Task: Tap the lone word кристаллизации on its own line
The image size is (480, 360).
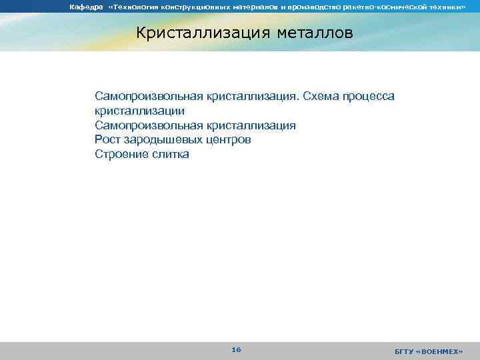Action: [139, 111]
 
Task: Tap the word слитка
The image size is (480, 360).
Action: [170, 154]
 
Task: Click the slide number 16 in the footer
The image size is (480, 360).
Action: [236, 349]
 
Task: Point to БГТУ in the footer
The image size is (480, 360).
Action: [404, 351]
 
